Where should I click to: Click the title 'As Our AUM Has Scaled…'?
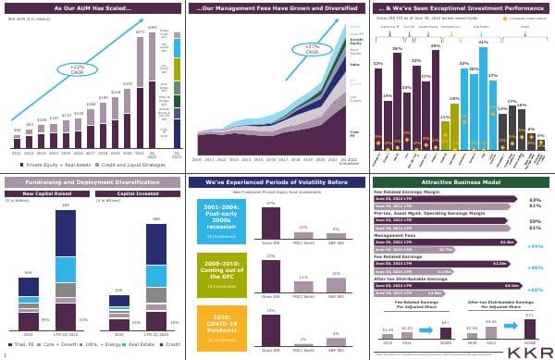coord(91,8)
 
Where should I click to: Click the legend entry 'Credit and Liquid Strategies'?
coord(131,164)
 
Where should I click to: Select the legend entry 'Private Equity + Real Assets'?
coord(48,164)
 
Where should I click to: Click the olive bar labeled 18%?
coord(454,124)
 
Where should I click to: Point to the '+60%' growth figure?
coord(534,289)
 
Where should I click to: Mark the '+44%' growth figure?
coord(534,246)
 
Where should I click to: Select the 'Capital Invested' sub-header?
coord(140,194)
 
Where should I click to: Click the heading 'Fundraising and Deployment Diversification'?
coord(91,183)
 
